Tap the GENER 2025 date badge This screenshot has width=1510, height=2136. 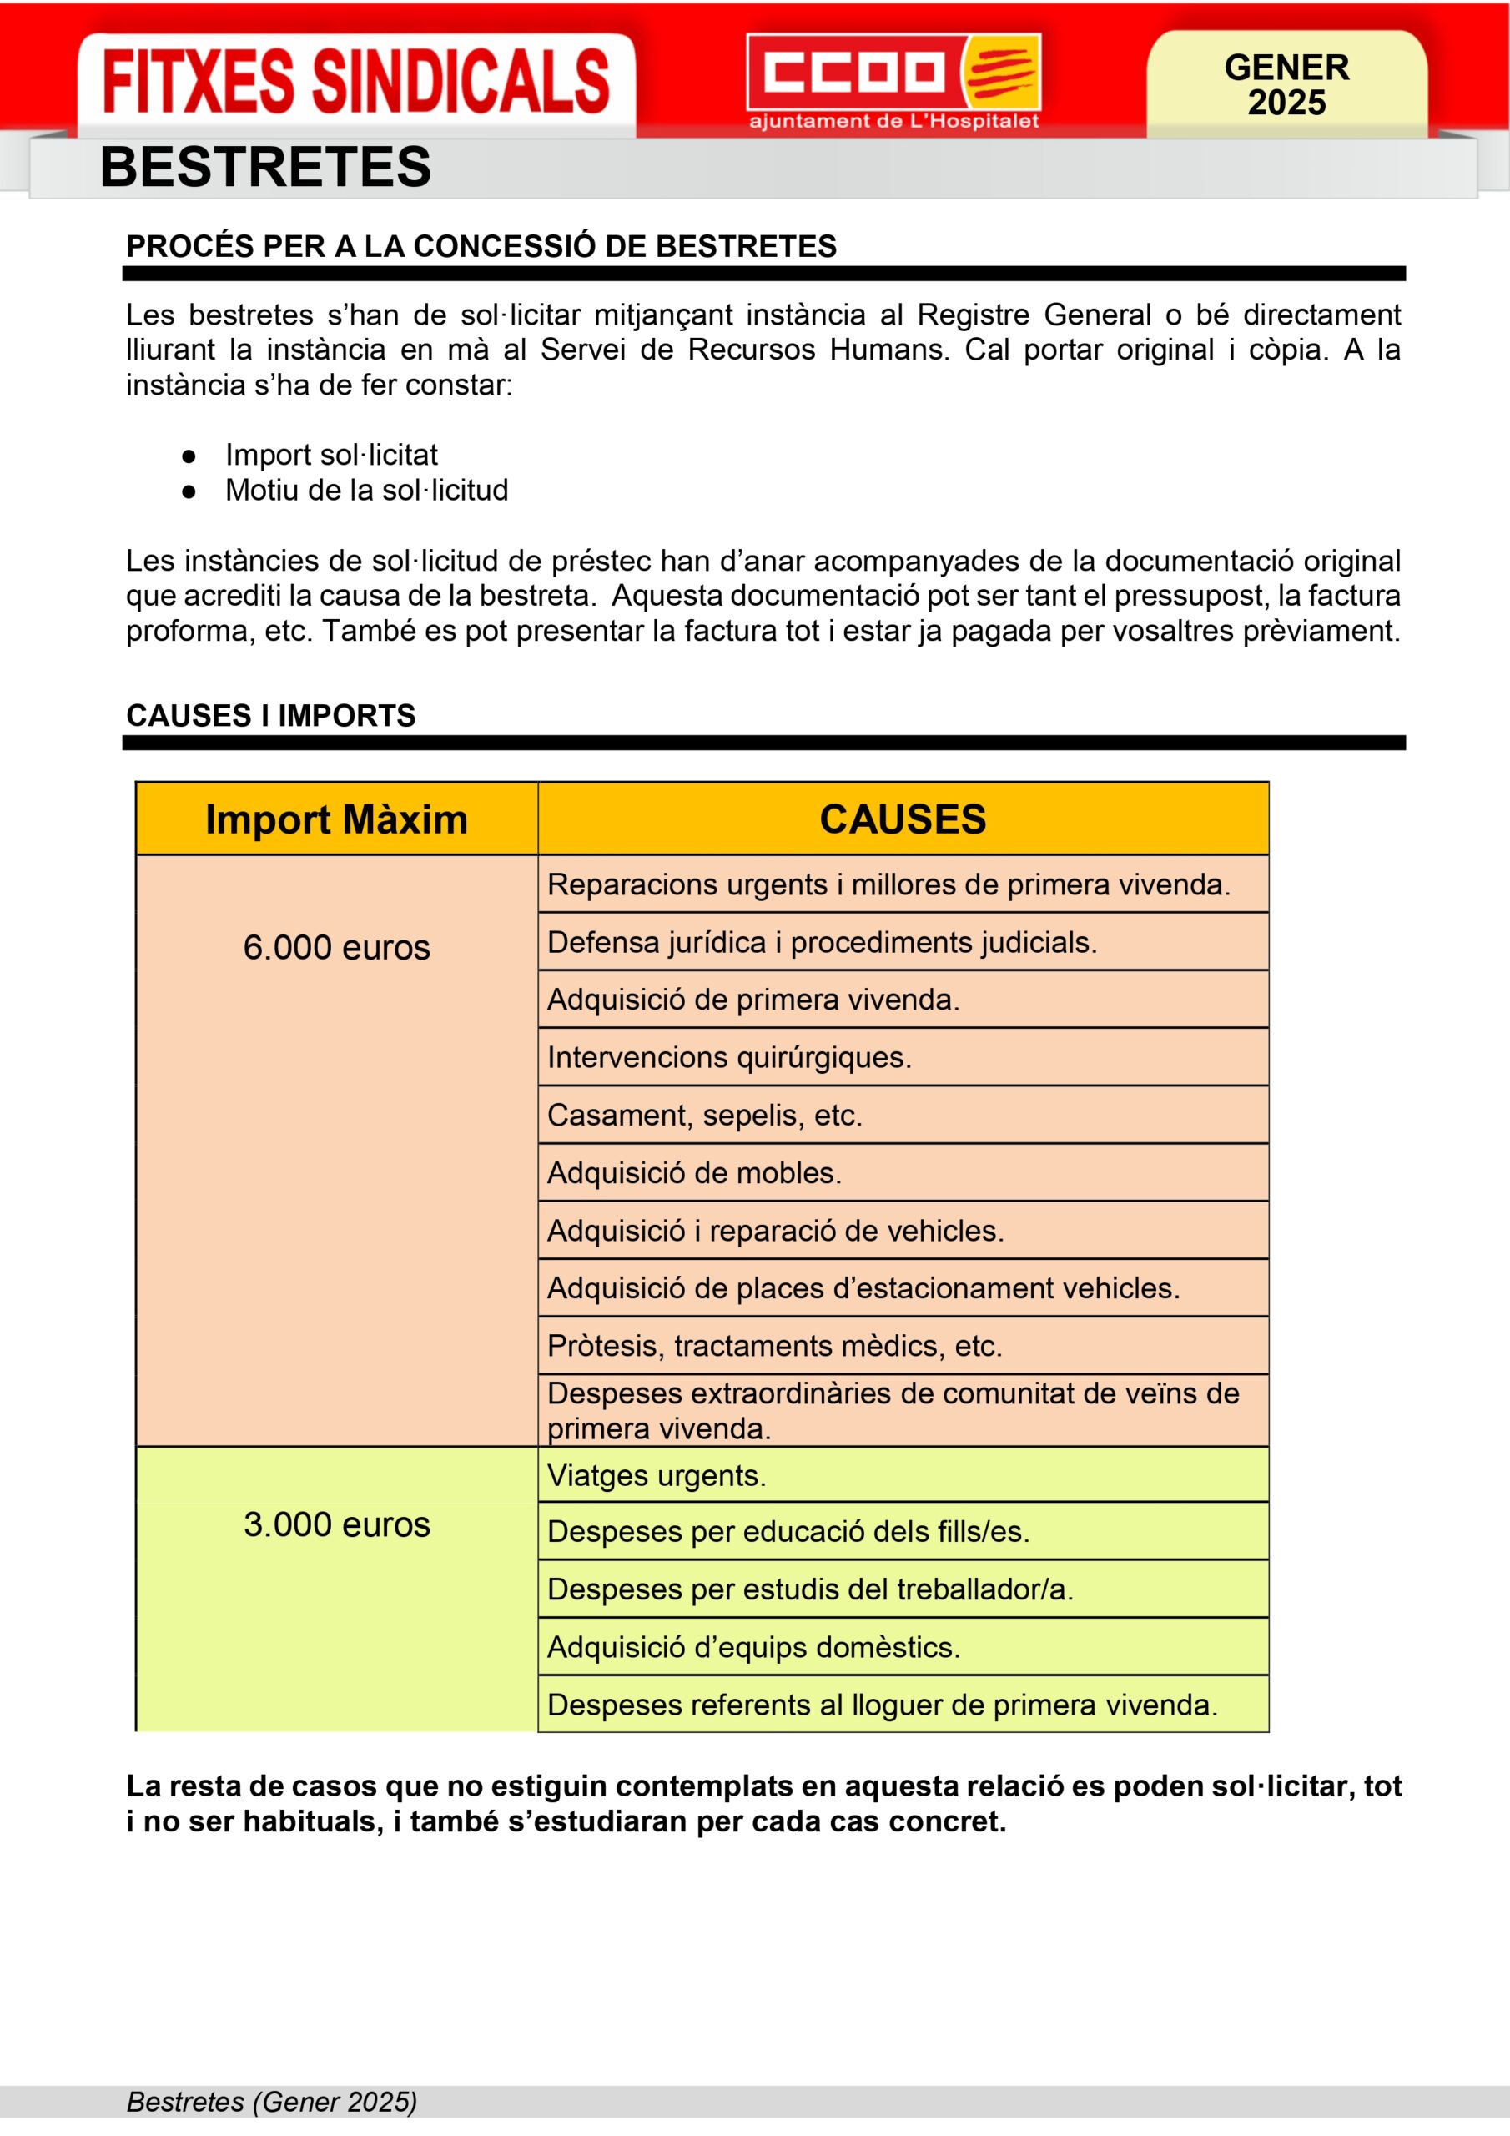coord(1286,84)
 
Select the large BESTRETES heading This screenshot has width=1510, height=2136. coord(265,168)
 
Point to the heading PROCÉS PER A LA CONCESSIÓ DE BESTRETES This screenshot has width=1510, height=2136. coord(481,246)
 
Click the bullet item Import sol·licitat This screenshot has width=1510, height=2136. coord(330,455)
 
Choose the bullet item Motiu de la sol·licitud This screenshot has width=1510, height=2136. coord(365,491)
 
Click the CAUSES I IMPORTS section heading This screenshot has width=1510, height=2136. coord(271,715)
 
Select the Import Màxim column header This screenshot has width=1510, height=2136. coord(336,819)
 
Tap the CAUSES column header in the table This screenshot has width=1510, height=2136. coord(903,819)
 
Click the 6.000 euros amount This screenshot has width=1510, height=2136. coord(336,947)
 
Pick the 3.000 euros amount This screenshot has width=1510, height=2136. coord(336,1524)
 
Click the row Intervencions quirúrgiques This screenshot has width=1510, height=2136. coord(728,1058)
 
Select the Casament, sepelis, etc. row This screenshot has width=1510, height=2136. coord(704,1116)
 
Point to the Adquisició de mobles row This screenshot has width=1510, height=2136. coord(694,1173)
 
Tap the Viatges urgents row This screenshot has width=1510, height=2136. coord(656,1475)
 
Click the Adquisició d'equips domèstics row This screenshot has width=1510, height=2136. coord(752,1647)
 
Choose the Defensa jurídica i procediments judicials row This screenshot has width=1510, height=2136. coord(822,942)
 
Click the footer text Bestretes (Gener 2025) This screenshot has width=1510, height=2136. coord(272,2102)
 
